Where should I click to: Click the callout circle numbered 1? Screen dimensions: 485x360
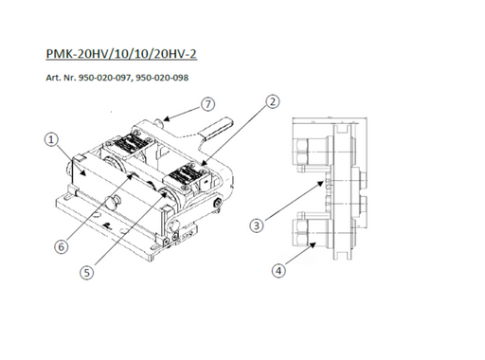pyautogui.click(x=51, y=139)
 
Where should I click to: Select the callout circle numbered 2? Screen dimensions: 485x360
pyautogui.click(x=273, y=101)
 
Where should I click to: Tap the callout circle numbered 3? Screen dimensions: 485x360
pyautogui.click(x=257, y=225)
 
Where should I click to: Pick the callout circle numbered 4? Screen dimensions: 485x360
pyautogui.click(x=278, y=271)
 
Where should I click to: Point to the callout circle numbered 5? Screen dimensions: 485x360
pyautogui.click(x=87, y=272)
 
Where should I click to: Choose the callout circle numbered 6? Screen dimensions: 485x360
pyautogui.click(x=62, y=246)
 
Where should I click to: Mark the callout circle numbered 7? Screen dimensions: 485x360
pyautogui.click(x=207, y=104)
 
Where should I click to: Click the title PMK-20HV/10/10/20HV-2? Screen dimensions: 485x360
pyautogui.click(x=121, y=54)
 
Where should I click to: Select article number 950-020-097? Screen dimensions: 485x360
pyautogui.click(x=104, y=78)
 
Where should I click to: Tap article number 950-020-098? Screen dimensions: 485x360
pyautogui.click(x=162, y=78)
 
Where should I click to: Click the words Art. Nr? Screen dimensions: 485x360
pyautogui.click(x=61, y=78)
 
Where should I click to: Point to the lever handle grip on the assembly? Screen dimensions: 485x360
pyautogui.click(x=217, y=129)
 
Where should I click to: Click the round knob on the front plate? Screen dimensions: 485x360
pyautogui.click(x=113, y=202)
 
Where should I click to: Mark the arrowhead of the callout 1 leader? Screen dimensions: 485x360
pyautogui.click(x=82, y=171)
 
